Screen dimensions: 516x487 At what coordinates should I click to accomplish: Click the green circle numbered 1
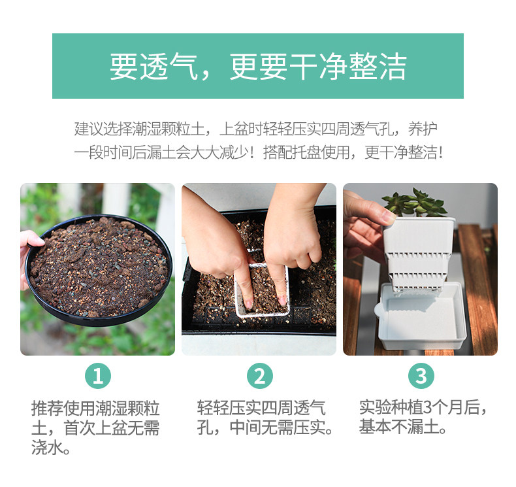tap(98, 376)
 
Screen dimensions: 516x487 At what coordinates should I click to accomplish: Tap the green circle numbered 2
tap(260, 376)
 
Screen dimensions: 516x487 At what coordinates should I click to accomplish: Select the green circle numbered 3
tap(421, 376)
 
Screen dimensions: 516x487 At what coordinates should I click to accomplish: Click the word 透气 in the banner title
tap(169, 67)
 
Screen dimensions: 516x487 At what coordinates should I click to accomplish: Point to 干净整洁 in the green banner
tap(347, 67)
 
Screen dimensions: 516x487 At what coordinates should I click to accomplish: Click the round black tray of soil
tap(99, 270)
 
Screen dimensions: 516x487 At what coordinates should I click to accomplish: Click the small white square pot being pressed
tap(263, 290)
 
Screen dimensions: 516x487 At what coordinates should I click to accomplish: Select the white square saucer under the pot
tap(421, 316)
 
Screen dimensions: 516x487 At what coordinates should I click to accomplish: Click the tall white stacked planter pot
tap(418, 254)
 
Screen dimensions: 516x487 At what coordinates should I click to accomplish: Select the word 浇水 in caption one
tap(47, 448)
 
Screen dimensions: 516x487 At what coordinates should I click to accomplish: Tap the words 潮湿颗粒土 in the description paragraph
tap(169, 129)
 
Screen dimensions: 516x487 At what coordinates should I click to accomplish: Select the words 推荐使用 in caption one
tap(63, 408)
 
